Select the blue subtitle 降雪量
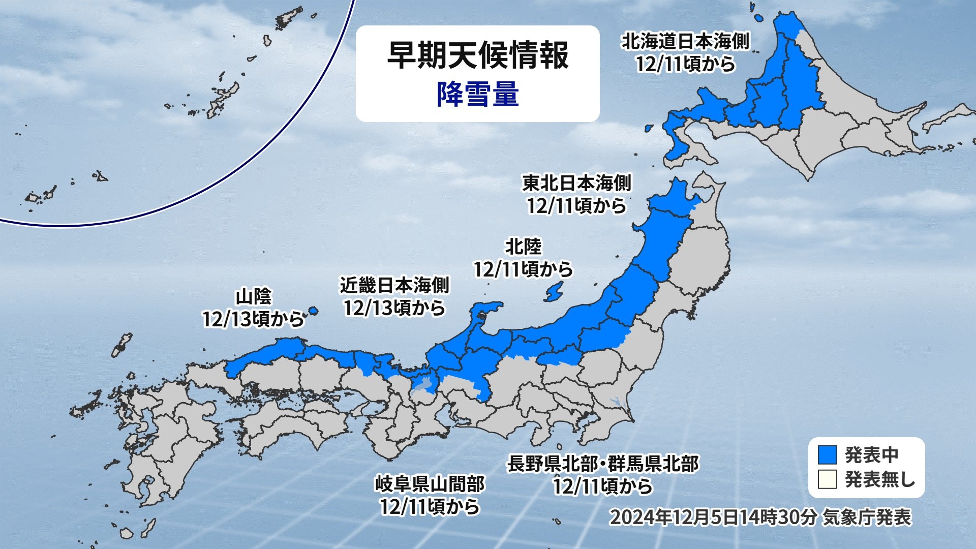pyautogui.click(x=477, y=95)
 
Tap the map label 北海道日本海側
pyautogui.click(x=685, y=42)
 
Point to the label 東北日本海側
pyautogui.click(x=576, y=183)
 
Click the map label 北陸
pyautogui.click(x=523, y=247)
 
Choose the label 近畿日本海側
pyautogui.click(x=394, y=286)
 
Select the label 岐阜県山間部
pyautogui.click(x=430, y=484)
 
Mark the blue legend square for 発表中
pyautogui.click(x=827, y=455)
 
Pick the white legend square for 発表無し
pyautogui.click(x=827, y=479)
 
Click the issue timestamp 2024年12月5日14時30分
pyautogui.click(x=713, y=517)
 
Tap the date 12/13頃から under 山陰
pyautogui.click(x=253, y=319)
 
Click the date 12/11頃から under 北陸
pyautogui.click(x=523, y=269)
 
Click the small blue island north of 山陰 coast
pyautogui.click(x=313, y=310)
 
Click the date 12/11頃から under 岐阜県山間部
pyautogui.click(x=430, y=507)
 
